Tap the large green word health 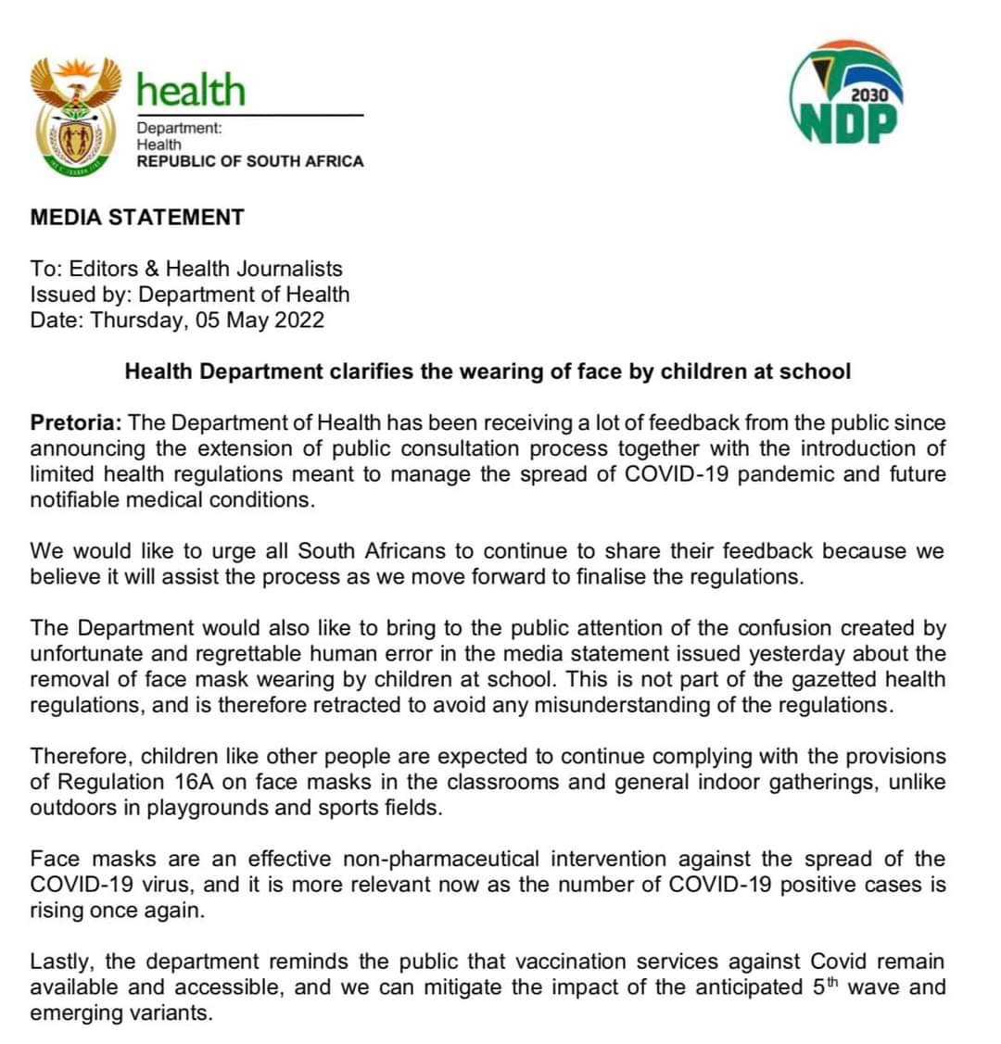click(x=191, y=90)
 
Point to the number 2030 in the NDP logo click(x=868, y=94)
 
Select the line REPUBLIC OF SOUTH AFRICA click(x=250, y=161)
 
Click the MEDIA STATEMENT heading click(x=137, y=218)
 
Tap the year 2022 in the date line click(x=299, y=321)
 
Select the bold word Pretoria click(x=76, y=423)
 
